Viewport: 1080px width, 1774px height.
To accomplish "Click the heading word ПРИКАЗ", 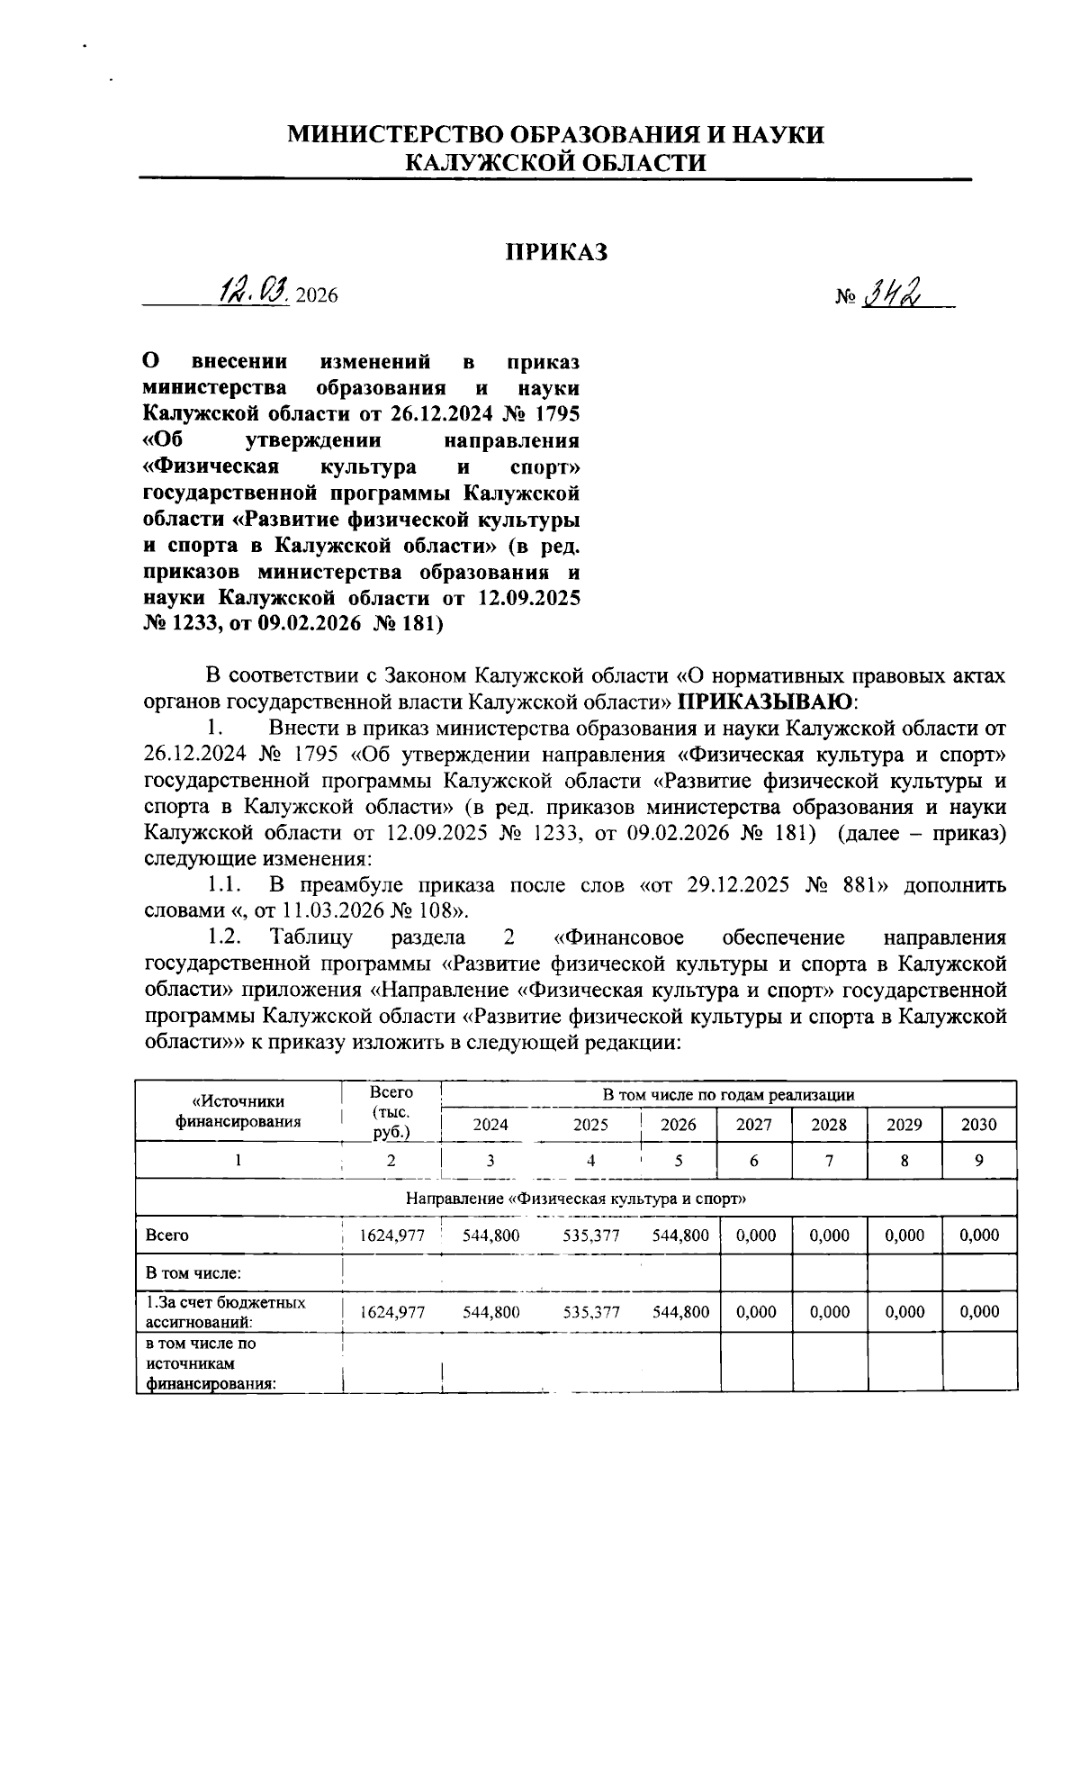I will [555, 253].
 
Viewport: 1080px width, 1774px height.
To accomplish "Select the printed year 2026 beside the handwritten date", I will [316, 295].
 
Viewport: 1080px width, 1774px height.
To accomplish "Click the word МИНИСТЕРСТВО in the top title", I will [395, 135].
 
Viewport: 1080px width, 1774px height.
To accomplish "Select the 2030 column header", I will [979, 1125].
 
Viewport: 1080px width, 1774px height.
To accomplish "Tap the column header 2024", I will [490, 1125].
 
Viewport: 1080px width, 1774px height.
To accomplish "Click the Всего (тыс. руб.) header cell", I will [391, 1112].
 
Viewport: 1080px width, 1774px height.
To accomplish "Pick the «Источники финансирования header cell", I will [238, 1111].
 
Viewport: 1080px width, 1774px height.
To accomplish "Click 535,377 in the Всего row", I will [590, 1235].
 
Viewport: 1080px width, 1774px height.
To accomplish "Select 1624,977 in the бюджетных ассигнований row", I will [391, 1312].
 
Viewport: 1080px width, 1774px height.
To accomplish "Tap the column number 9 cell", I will [979, 1161].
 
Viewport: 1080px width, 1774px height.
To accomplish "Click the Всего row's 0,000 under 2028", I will [829, 1235].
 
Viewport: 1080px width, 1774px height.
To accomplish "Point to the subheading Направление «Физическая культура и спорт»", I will [576, 1199].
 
